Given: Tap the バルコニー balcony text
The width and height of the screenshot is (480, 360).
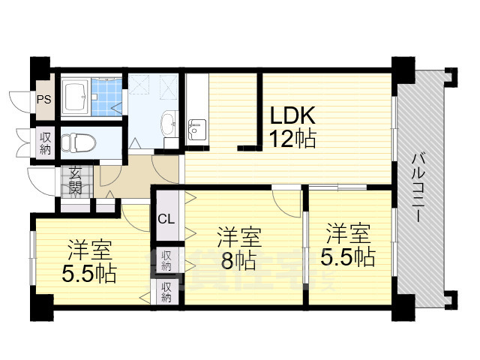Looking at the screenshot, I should tap(420, 187).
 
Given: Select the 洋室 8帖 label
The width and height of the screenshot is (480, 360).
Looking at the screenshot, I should tap(239, 249).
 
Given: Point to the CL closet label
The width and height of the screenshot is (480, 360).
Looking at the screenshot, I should tap(166, 219).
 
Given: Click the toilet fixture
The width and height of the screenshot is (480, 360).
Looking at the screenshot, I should tap(74, 141).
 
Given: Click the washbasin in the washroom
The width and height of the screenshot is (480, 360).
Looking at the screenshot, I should tap(169, 122).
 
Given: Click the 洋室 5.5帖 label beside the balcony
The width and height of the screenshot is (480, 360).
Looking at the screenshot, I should tap(347, 245).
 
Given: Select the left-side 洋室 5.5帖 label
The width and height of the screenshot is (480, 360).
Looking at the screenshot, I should tap(89, 260).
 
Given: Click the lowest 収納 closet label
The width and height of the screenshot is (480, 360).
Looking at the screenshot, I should tap(166, 292).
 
